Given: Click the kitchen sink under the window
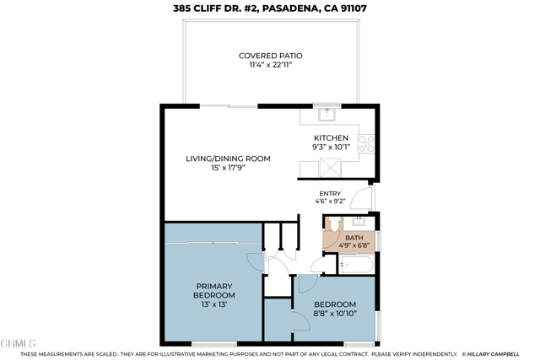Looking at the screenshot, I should coord(326,114).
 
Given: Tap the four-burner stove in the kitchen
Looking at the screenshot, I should coord(366,143).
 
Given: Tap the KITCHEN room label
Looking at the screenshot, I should coord(331,137).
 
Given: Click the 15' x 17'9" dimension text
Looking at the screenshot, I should coord(228,168).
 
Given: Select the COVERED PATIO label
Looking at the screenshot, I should coord(270,56).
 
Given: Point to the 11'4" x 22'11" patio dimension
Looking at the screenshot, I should coord(270,65).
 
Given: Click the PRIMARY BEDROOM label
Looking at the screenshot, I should coord(214,291).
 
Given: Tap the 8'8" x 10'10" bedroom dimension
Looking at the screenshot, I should coord(335,313).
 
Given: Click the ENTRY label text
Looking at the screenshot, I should coord(330,193).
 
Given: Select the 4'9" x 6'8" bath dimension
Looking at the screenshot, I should coord(354,245).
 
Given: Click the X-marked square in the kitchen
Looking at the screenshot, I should coord(330,167).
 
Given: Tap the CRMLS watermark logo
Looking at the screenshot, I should coord(19,344).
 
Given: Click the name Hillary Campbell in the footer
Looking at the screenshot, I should coord(503,354).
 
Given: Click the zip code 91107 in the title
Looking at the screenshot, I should coord(352,8).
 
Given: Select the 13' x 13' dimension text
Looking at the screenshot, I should coord(214,304).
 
